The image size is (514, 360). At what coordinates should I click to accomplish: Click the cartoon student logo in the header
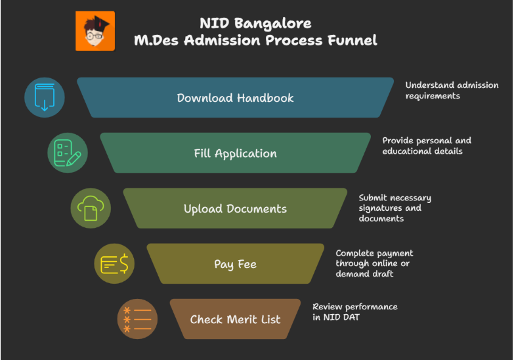(95, 31)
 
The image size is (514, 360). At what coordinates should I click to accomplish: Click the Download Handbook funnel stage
(235, 98)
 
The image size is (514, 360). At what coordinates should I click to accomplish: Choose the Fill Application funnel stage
(235, 153)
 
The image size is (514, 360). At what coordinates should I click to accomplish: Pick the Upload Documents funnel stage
(235, 209)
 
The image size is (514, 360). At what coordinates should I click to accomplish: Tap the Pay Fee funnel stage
(235, 264)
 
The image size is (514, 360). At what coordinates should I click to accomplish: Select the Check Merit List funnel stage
(235, 319)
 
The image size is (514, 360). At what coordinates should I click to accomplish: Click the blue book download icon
(45, 98)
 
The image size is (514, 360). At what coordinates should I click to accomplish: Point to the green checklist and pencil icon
(68, 153)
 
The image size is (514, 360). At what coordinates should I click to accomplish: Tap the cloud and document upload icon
(91, 208)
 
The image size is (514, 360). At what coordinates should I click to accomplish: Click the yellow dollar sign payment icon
(114, 264)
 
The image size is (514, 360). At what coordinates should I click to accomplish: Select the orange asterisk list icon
(137, 319)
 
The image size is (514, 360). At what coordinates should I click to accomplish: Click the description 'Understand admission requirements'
(442, 91)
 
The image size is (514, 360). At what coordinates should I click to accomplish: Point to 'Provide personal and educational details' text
(427, 146)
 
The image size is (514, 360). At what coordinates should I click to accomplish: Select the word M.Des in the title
(158, 41)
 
